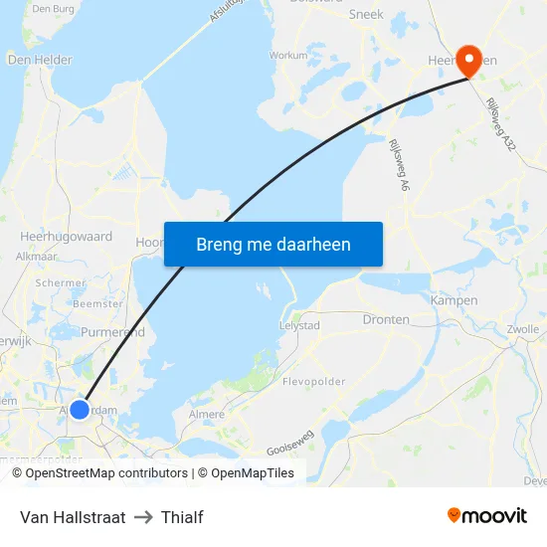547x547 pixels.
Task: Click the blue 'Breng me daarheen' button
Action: [x=273, y=244]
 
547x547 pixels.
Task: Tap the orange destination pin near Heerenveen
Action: [x=467, y=58]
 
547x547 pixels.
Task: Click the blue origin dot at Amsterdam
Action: [x=81, y=409]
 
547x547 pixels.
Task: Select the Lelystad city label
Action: [x=299, y=324]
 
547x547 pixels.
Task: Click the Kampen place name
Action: [x=454, y=299]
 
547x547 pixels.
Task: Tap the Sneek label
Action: [x=366, y=14]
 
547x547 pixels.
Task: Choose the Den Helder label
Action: [x=40, y=60]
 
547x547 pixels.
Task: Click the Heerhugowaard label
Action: [x=67, y=237]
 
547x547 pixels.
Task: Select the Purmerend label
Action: [x=112, y=332]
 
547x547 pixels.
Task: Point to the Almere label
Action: [x=207, y=414]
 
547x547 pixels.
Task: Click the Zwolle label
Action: [x=522, y=328]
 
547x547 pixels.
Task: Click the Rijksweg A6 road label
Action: [x=395, y=165]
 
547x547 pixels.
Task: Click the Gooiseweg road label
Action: [x=290, y=443]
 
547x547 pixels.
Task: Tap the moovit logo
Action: [x=487, y=516]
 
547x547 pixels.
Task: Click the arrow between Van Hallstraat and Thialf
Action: [x=143, y=517]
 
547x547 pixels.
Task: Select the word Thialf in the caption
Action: [x=182, y=517]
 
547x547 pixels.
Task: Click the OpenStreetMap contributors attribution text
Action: [x=106, y=473]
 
